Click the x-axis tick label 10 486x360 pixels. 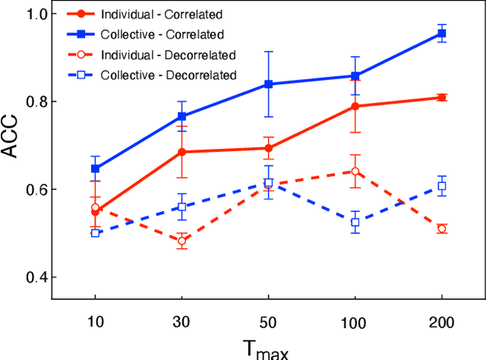(x=95, y=321)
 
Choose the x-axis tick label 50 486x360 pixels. (x=268, y=321)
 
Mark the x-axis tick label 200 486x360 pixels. (x=441, y=321)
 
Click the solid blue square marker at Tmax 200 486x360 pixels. (x=442, y=34)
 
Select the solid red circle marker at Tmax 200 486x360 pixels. (x=442, y=97)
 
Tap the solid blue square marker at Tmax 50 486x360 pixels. (x=268, y=84)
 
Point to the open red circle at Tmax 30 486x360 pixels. (x=181, y=241)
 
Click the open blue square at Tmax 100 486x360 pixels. (x=355, y=222)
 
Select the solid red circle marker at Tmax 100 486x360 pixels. (x=355, y=106)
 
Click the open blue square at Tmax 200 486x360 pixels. (x=442, y=186)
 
